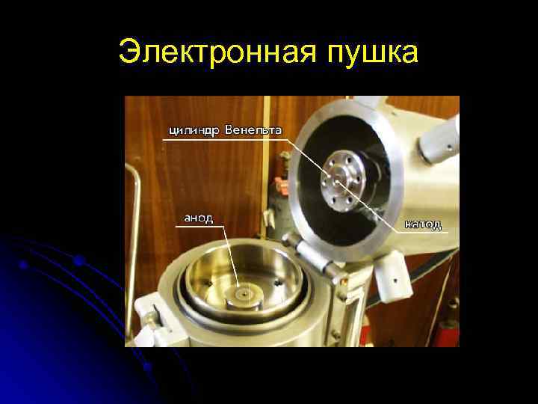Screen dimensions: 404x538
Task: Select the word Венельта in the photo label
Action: [x=254, y=130]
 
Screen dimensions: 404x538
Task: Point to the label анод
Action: [x=199, y=218]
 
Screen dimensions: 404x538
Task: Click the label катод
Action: [x=423, y=224]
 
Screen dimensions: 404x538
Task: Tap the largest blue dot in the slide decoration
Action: [x=78, y=261]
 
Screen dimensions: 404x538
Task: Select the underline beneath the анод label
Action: [x=200, y=226]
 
